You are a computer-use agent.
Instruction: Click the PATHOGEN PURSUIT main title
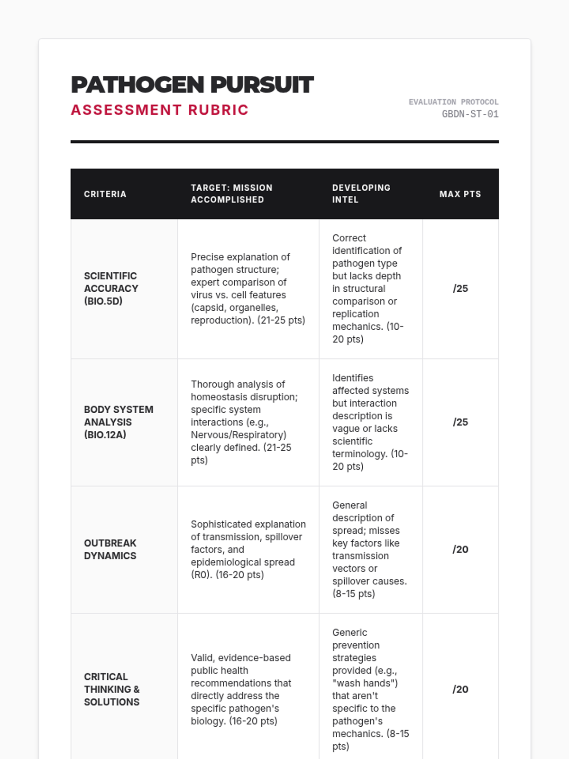(x=192, y=85)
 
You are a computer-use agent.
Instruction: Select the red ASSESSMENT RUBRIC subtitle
(x=160, y=110)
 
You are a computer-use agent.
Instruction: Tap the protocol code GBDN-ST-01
(x=470, y=114)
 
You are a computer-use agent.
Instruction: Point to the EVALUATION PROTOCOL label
(x=453, y=102)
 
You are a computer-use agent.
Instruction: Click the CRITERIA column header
(x=105, y=194)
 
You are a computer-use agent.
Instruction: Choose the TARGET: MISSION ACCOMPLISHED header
(x=231, y=194)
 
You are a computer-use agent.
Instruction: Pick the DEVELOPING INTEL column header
(x=361, y=194)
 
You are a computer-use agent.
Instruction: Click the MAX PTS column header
(x=460, y=194)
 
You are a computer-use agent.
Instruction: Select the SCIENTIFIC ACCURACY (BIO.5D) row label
(x=111, y=288)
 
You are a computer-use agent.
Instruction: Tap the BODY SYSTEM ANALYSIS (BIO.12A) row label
(x=119, y=422)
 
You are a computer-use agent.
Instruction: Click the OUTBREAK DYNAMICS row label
(x=110, y=549)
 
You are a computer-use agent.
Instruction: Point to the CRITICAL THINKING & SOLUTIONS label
(x=112, y=689)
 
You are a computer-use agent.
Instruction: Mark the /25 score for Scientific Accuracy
(x=460, y=288)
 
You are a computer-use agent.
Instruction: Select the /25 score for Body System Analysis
(x=460, y=422)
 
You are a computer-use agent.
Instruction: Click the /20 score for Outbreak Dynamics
(x=460, y=549)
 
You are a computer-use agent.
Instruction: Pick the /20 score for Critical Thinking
(x=460, y=689)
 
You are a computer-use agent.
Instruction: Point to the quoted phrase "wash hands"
(x=365, y=683)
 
